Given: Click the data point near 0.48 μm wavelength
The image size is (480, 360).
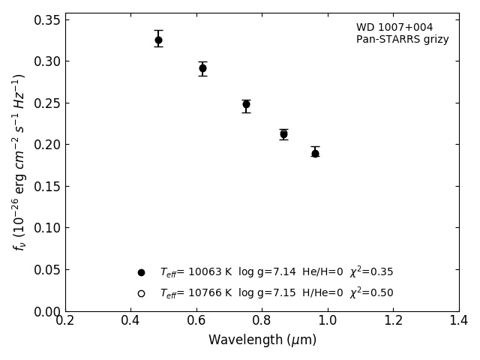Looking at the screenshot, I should tap(158, 40).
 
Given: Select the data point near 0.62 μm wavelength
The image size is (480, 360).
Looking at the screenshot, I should tap(202, 68).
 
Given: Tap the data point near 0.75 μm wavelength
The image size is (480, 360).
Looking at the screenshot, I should tap(246, 104).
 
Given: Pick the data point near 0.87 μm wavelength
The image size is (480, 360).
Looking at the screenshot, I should tap(283, 134).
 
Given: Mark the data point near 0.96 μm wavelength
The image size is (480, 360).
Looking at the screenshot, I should tap(315, 153).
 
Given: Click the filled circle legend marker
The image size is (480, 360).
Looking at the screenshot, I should tap(141, 273).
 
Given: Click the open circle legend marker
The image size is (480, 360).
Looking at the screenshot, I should tap(141, 293).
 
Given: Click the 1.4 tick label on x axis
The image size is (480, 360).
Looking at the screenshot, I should tap(459, 321).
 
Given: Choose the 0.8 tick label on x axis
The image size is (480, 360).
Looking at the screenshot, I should tap(262, 321).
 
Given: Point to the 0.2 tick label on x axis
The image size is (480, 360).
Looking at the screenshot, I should tap(65, 321).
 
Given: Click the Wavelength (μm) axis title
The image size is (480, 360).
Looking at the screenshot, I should tap(262, 340).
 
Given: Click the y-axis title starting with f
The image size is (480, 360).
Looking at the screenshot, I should tap(19, 161).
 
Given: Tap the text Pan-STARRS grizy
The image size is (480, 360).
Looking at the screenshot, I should tap(402, 40).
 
